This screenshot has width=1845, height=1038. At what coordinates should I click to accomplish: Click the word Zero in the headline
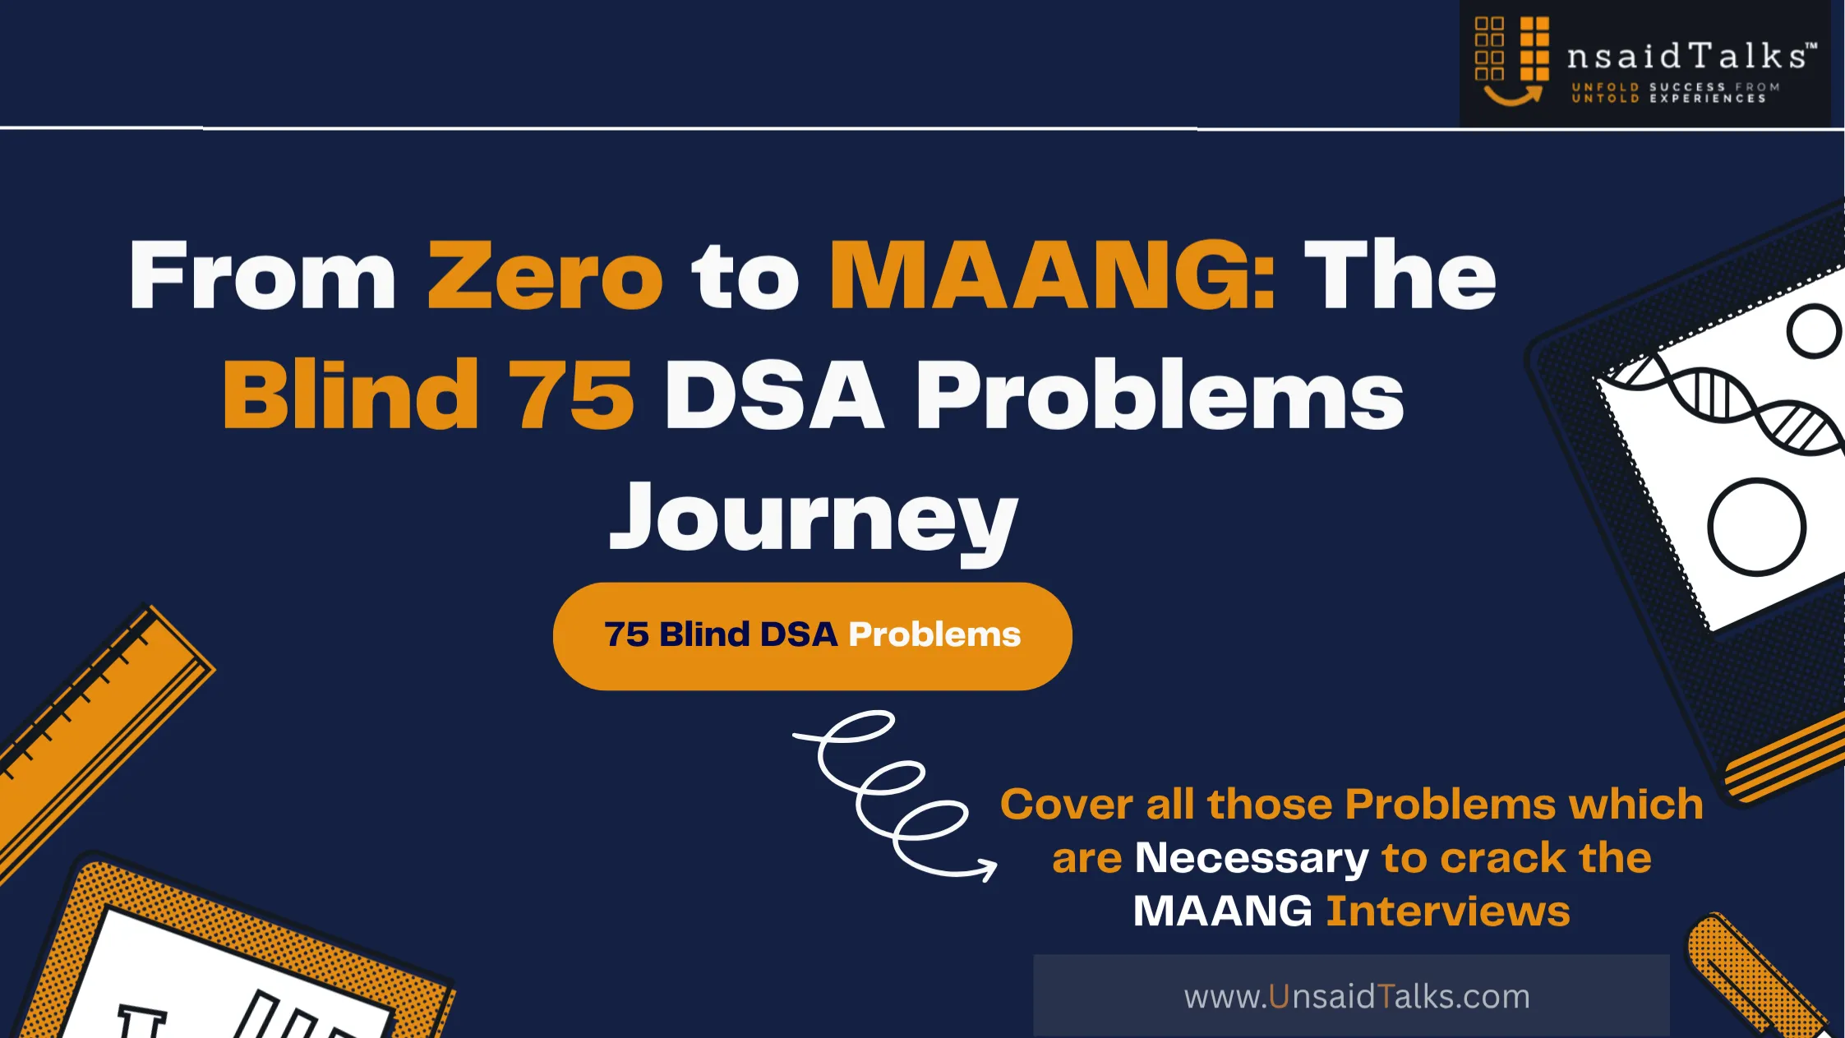545,276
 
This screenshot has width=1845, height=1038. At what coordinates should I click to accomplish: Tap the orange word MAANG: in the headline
1053,276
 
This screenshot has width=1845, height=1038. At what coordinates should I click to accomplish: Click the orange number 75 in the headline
571,395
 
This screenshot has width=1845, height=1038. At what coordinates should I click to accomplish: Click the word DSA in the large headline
775,395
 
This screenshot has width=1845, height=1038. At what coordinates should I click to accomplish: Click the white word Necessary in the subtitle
1252,859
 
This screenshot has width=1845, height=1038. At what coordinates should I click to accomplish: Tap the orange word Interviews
1448,911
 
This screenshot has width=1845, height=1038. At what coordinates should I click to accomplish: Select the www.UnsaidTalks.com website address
1357,997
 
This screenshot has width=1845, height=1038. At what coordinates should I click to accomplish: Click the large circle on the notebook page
1757,527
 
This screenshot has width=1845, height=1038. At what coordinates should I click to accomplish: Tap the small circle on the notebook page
1814,331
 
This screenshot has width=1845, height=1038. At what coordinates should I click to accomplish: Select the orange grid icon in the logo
1512,60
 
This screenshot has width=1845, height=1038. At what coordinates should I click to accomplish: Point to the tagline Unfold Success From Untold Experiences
1675,93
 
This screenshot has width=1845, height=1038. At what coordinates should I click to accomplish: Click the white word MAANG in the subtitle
1223,911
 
